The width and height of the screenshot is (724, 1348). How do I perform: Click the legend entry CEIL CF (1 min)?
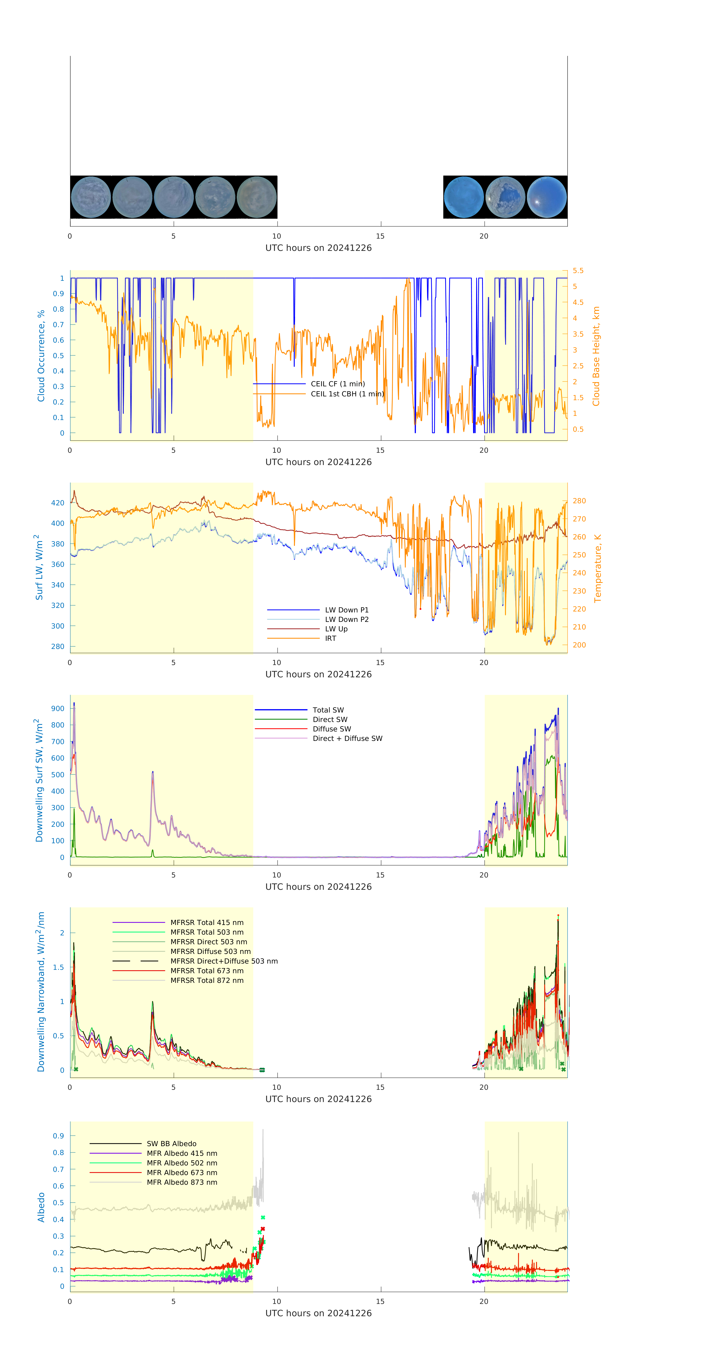tap(338, 383)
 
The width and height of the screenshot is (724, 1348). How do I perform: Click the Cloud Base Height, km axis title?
tap(596, 356)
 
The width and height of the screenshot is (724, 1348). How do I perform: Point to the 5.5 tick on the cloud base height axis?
tap(578, 271)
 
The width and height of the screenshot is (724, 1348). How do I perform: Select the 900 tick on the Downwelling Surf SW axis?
tap(58, 709)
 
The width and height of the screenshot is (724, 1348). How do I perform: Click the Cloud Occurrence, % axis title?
tap(41, 356)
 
